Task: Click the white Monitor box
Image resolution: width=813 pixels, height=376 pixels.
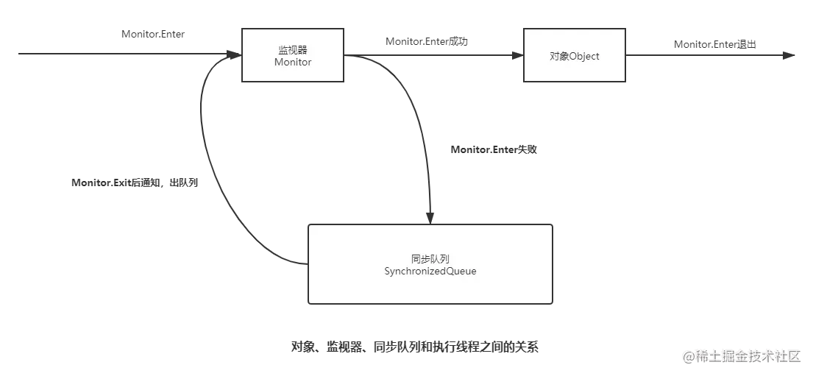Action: click(x=293, y=54)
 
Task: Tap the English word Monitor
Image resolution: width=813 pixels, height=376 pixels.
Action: click(x=293, y=63)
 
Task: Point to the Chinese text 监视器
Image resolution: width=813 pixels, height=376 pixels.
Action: click(x=293, y=49)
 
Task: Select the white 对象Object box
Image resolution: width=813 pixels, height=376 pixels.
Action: click(x=574, y=55)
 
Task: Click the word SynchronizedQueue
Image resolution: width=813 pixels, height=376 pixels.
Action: click(x=430, y=272)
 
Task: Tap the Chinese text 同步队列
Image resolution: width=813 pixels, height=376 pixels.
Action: click(x=430, y=258)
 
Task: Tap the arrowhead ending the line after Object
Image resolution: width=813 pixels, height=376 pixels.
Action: click(x=790, y=55)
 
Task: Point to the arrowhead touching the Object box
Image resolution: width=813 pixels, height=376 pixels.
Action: click(x=516, y=55)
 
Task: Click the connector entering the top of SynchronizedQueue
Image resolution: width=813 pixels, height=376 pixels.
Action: click(x=429, y=199)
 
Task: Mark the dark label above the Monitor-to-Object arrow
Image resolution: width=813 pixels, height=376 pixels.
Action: click(x=426, y=40)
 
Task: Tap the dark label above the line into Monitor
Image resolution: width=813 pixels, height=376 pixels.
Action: click(x=153, y=35)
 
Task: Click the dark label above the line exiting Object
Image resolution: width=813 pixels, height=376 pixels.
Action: click(x=714, y=45)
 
